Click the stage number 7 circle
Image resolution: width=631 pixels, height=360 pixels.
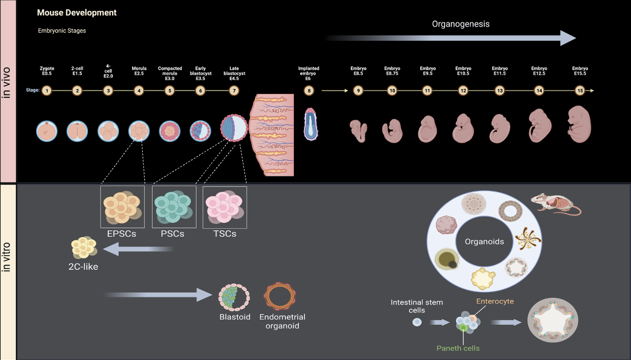[234, 91]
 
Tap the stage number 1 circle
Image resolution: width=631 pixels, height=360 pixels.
[47, 91]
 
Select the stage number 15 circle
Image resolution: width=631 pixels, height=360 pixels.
[580, 91]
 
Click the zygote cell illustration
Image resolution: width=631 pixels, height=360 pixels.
[47, 131]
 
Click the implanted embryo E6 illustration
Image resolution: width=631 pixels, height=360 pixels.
[310, 124]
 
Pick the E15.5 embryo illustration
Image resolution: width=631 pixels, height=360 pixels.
[579, 124]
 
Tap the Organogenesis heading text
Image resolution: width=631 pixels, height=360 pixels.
[461, 24]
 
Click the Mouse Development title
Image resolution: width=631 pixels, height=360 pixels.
[77, 12]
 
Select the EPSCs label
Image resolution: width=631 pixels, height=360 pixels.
[122, 233]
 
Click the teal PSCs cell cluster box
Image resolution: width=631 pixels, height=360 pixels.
[174, 207]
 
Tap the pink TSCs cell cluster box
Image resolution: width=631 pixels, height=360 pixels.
[225, 207]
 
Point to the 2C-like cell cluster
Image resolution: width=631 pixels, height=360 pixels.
[84, 248]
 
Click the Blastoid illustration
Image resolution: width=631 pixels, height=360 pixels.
[234, 298]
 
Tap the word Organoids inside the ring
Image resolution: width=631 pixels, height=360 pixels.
[484, 242]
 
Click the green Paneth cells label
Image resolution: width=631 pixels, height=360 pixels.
[458, 348]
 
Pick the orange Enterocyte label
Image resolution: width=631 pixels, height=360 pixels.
[495, 301]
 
